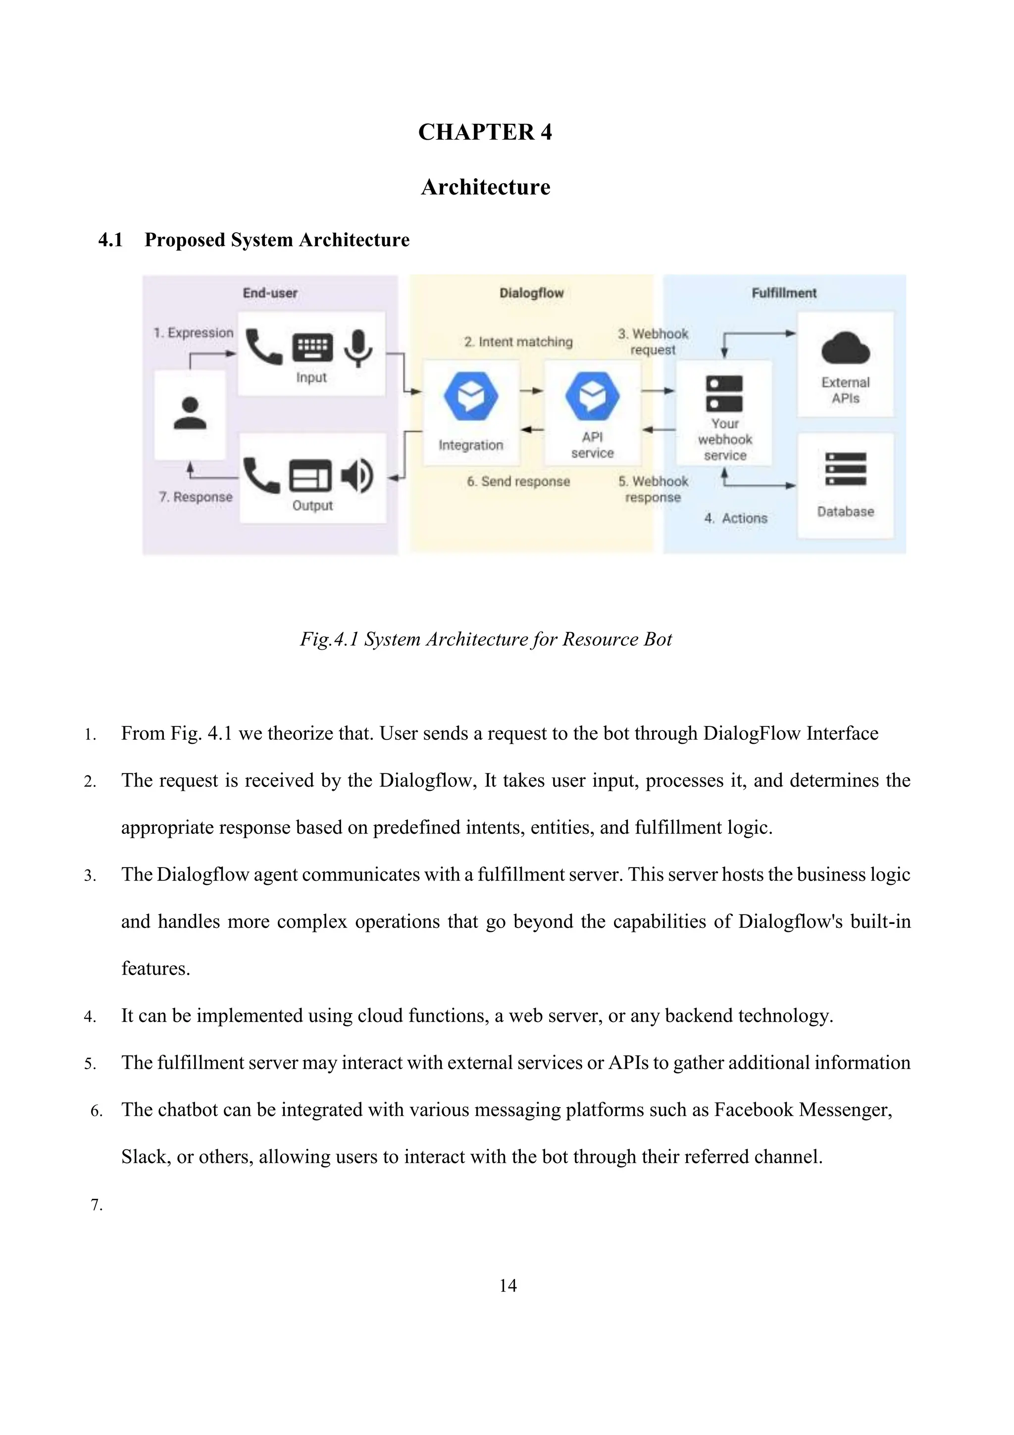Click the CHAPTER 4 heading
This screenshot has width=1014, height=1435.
[485, 132]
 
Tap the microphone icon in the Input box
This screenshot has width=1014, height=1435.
[357, 348]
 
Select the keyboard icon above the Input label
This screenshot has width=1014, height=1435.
[312, 348]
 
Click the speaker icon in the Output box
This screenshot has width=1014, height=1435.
[357, 476]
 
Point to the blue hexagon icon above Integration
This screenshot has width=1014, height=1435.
[471, 396]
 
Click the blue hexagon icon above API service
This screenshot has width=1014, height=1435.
[592, 396]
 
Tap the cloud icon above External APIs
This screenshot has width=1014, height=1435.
[845, 349]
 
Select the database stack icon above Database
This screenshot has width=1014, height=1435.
[845, 469]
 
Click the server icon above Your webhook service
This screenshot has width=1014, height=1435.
[724, 393]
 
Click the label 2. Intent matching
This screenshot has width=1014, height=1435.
[518, 342]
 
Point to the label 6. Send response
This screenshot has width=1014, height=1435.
[518, 481]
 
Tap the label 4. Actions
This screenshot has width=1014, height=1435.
[735, 518]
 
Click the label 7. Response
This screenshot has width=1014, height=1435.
[196, 497]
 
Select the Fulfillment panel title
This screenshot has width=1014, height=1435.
[783, 293]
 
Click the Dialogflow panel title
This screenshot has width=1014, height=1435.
[531, 293]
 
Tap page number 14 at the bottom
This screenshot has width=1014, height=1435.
[507, 1285]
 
